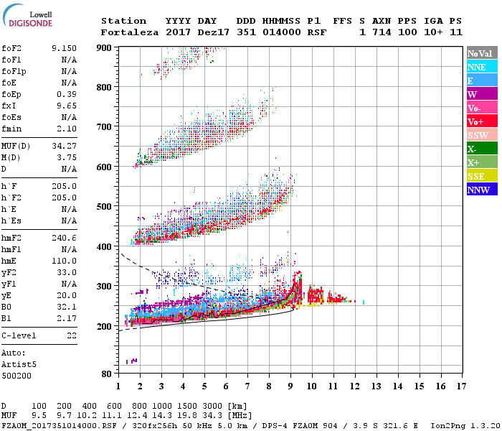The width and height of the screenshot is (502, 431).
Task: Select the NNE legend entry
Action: point(482,67)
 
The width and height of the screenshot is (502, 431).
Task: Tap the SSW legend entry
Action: point(482,135)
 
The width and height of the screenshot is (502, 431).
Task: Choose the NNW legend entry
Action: point(482,190)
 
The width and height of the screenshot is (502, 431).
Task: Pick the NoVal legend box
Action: point(482,53)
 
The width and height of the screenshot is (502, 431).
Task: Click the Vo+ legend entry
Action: point(482,121)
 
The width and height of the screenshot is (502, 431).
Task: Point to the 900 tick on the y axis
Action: point(105,48)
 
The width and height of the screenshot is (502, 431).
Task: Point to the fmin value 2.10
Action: point(66,129)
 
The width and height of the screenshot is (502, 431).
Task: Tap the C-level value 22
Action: point(71,335)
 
